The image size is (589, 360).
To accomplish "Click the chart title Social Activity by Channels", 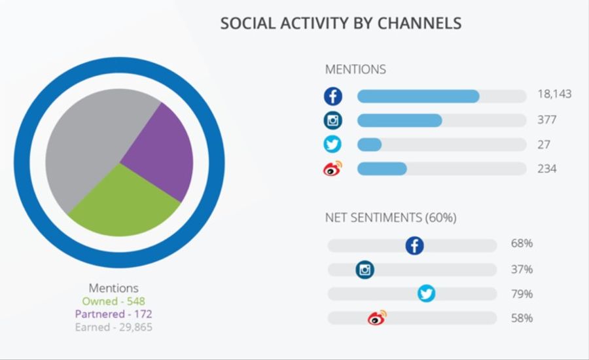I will (340, 24).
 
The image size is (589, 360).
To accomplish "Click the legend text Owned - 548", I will (113, 302).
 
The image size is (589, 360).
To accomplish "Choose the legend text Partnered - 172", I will (113, 314).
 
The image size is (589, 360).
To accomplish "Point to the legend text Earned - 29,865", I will (113, 327).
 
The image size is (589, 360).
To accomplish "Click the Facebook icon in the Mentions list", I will (333, 96).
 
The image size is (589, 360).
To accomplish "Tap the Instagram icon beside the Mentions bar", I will (333, 120).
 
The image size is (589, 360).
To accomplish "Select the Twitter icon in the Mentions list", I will (333, 145).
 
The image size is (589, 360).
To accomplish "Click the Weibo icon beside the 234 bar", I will (333, 169).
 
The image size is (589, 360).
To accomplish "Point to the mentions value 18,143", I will (554, 94).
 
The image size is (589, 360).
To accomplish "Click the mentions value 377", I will (546, 120).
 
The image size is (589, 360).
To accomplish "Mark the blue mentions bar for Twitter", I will (369, 145).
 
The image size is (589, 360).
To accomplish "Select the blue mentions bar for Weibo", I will (382, 169).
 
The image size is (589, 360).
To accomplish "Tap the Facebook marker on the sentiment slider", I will (414, 245).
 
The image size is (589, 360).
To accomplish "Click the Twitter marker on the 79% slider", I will (427, 293).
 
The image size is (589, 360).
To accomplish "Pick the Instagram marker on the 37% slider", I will (365, 269).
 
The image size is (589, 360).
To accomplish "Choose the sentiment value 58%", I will (522, 319).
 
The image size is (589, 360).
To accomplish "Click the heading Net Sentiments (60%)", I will (391, 217).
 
